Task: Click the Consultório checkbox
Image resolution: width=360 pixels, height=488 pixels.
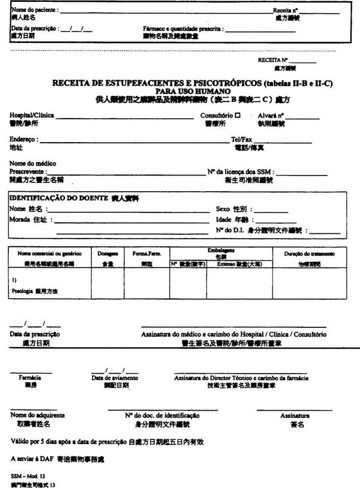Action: pyautogui.click(x=238, y=115)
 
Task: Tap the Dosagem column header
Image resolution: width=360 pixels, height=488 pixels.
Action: pyautogui.click(x=107, y=254)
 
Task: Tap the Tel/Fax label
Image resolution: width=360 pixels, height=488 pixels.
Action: pyautogui.click(x=241, y=139)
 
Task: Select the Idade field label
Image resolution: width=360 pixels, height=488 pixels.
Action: pyautogui.click(x=224, y=219)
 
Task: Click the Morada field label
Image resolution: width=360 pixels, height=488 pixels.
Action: pyautogui.click(x=20, y=219)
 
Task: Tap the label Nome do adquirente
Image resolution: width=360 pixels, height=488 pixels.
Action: pyautogui.click(x=37, y=415)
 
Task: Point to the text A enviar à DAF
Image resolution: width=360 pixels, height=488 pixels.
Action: pyautogui.click(x=31, y=458)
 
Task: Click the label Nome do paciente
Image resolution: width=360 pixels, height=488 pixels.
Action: pyautogui.click(x=34, y=11)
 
